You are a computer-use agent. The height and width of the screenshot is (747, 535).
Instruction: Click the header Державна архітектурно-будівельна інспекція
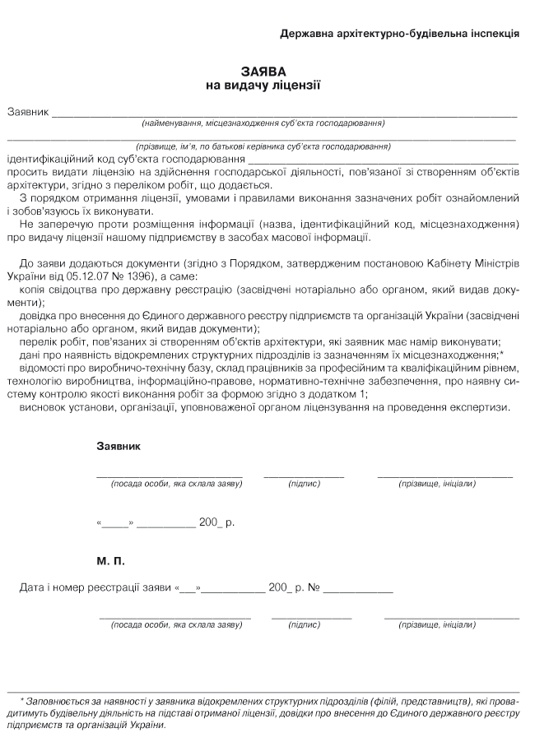coord(399,35)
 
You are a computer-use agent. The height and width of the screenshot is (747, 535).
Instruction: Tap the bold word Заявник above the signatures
coord(119,446)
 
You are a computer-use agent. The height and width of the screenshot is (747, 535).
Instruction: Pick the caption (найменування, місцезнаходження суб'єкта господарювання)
coord(263,123)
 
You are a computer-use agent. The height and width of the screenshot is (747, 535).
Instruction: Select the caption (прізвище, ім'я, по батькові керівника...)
coord(263,146)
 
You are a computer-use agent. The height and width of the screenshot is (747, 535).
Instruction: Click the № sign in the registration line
coord(313,588)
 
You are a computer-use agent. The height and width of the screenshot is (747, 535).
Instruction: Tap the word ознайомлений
coord(482,198)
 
